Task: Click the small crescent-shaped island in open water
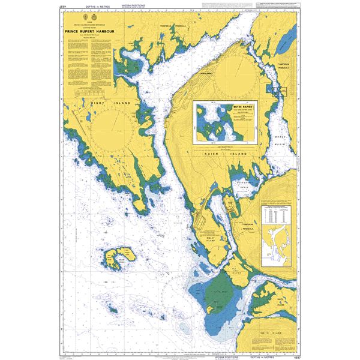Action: click(121, 257)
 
